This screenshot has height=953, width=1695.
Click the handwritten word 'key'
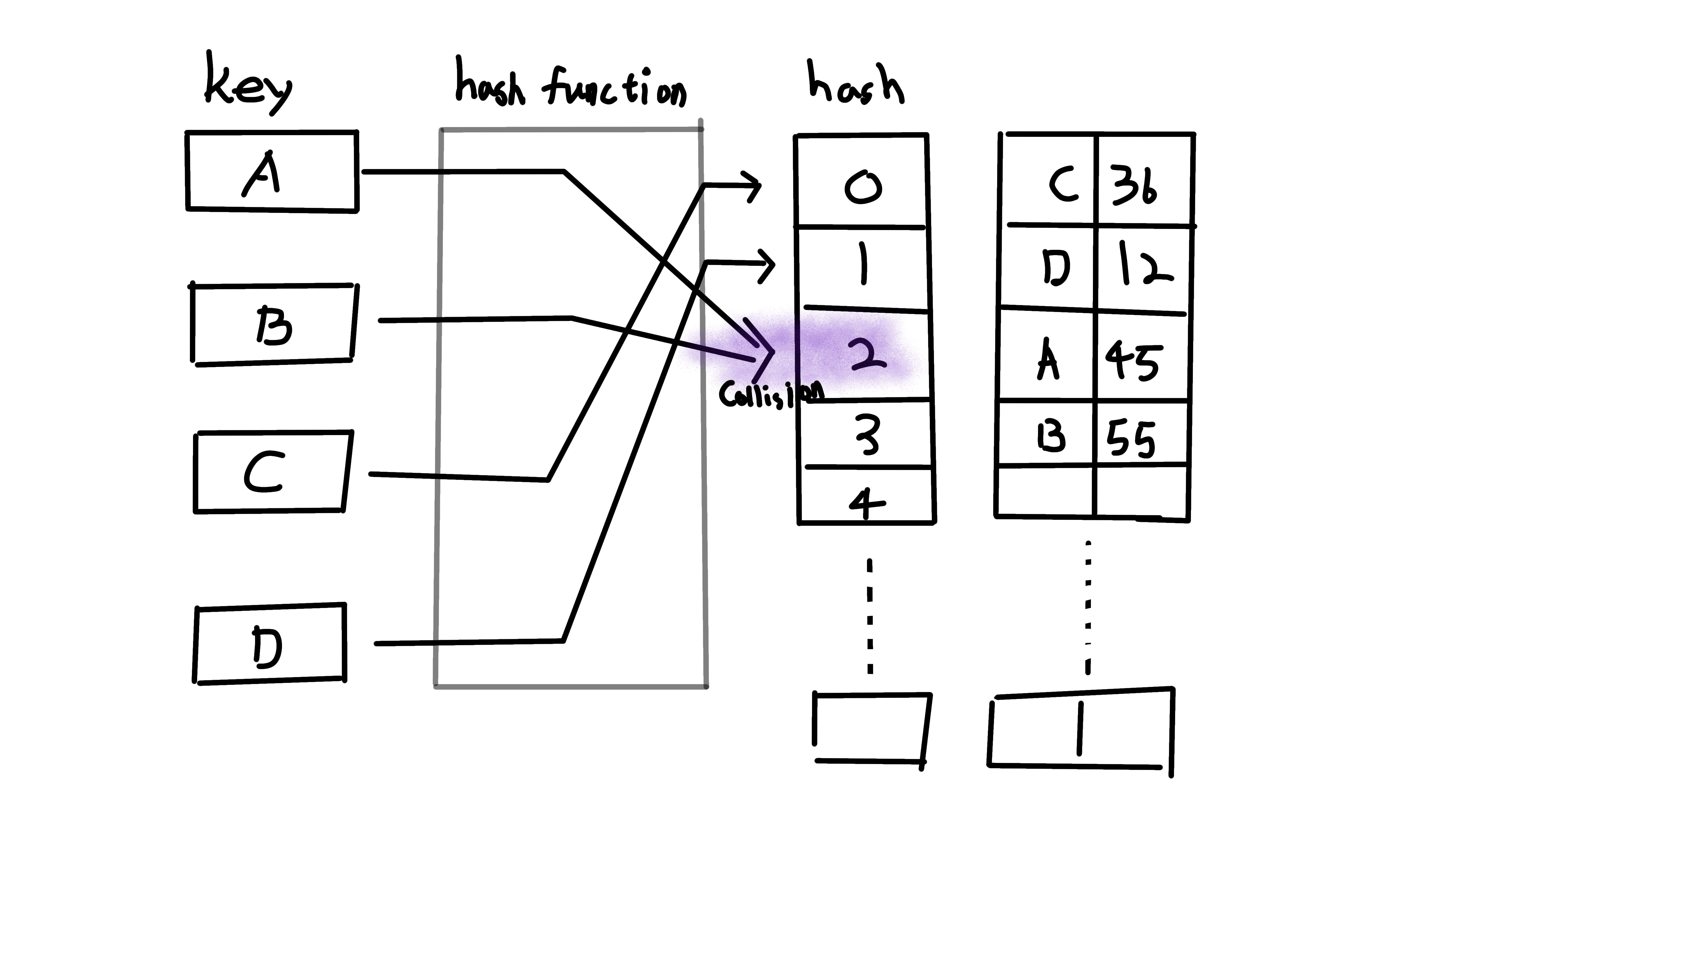coord(247,86)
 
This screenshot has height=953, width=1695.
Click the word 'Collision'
coord(770,395)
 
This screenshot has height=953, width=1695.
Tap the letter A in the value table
coord(1048,360)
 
